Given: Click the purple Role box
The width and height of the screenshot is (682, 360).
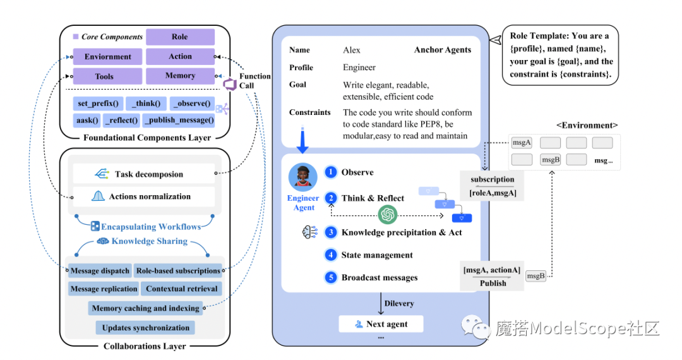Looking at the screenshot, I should [x=180, y=37].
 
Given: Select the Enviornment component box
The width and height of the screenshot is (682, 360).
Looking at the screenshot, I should [x=107, y=57].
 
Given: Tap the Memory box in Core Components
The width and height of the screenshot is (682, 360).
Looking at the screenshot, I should [x=180, y=76].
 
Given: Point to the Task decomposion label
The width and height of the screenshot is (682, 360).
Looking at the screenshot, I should [x=148, y=174].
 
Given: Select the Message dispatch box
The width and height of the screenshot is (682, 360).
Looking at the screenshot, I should [x=100, y=271].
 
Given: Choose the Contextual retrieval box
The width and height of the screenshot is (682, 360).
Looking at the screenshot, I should [x=182, y=289].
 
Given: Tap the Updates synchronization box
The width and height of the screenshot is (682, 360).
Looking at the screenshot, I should [x=145, y=328].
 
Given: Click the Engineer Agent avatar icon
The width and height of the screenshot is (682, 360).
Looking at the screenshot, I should [x=302, y=177].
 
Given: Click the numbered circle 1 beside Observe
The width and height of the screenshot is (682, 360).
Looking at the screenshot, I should [x=330, y=172].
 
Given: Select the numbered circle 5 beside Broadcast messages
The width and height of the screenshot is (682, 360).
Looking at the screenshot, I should [x=330, y=277].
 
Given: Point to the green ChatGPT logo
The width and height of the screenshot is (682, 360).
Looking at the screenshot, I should [x=388, y=215].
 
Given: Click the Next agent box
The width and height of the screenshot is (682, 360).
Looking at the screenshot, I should [x=380, y=324].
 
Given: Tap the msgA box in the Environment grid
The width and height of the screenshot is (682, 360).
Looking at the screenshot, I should [x=522, y=143].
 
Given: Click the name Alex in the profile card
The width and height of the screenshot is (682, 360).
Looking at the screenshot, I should [x=352, y=50].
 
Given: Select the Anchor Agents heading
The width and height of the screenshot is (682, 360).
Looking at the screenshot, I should [x=442, y=50].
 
